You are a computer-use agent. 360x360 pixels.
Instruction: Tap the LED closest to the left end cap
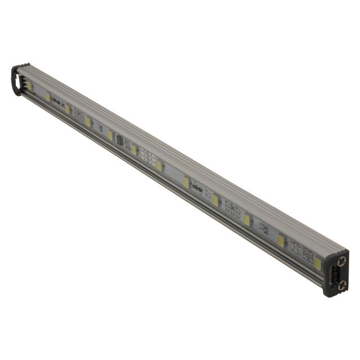tap(48, 97)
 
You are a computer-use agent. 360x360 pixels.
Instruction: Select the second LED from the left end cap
tap(67, 109)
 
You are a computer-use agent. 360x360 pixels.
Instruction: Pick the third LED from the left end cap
tap(88, 121)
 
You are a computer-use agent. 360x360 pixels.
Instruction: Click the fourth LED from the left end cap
tap(110, 135)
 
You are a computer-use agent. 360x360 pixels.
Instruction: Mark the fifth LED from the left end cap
tap(133, 149)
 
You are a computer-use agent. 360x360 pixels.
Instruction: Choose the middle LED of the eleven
tap(159, 165)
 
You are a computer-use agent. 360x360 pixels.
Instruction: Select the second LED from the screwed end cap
tap(280, 240)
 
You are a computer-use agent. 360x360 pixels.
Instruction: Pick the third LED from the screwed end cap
tap(246, 219)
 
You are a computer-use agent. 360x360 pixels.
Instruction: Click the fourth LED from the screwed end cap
tap(215, 200)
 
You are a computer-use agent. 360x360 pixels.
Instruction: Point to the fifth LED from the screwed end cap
tap(186, 182)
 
